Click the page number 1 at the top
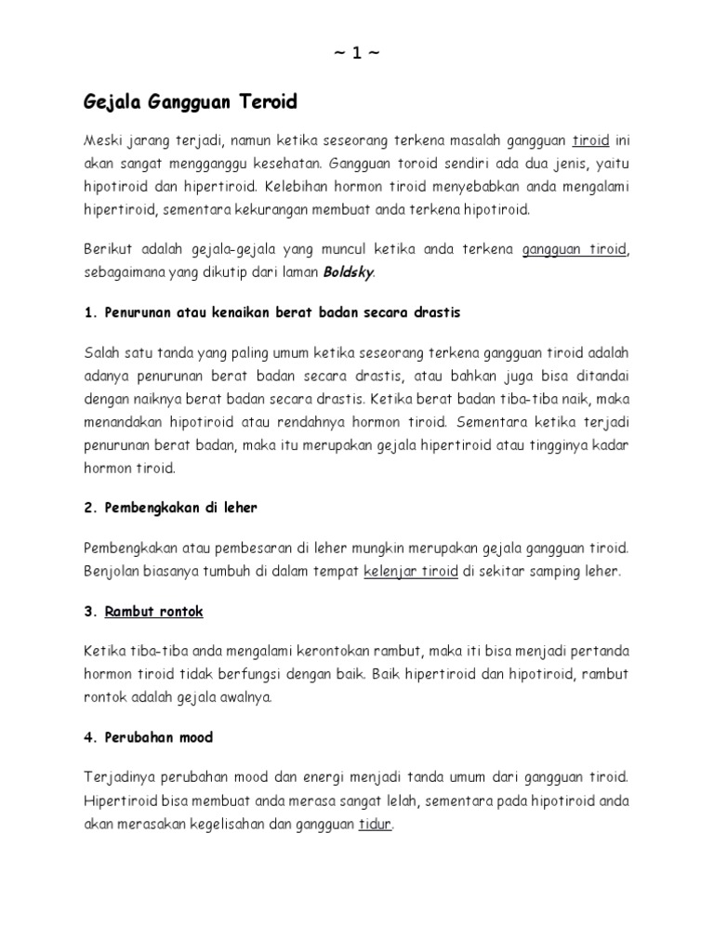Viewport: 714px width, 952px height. pyautogui.click(x=356, y=54)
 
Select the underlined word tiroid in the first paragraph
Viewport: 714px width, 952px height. pyautogui.click(x=590, y=141)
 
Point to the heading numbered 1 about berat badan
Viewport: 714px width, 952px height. pyautogui.click(x=271, y=312)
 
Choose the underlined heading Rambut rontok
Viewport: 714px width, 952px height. pyautogui.click(x=154, y=612)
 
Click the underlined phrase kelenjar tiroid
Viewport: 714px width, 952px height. pyautogui.click(x=410, y=572)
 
